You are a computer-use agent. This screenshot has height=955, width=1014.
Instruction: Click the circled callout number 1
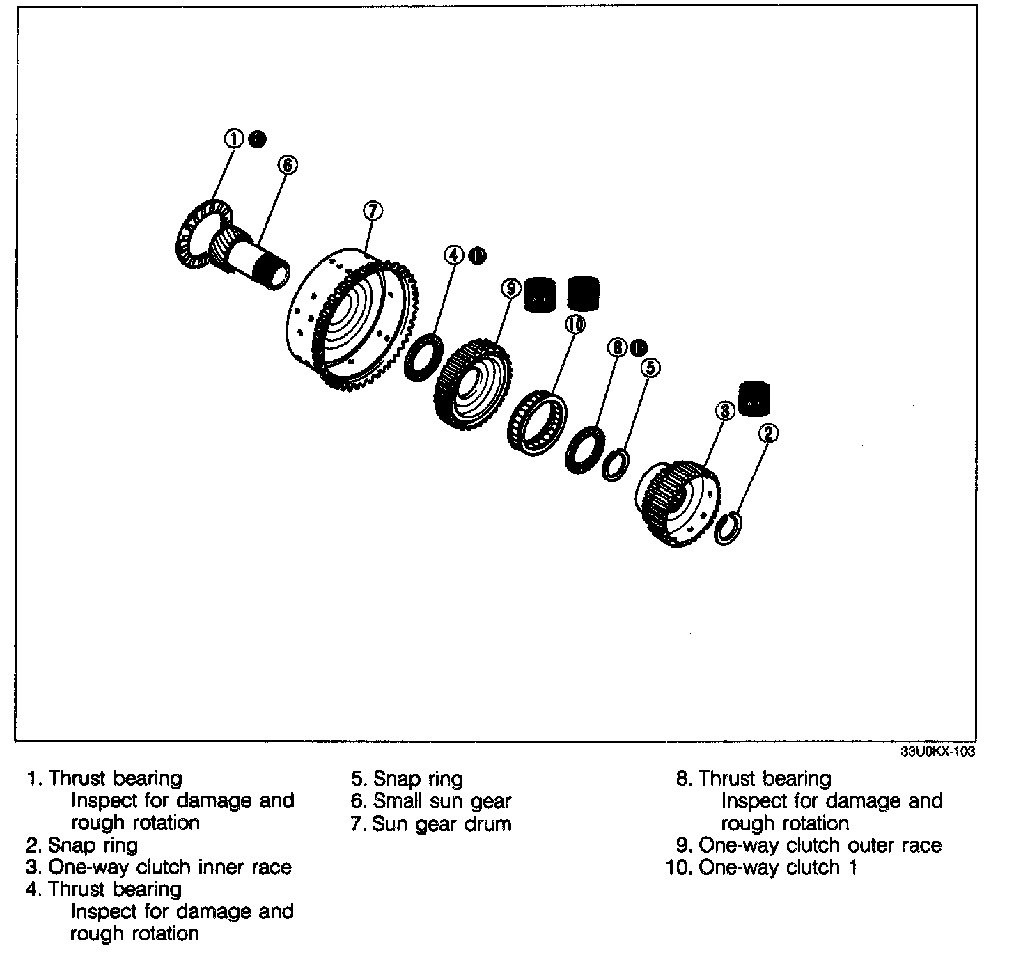(234, 139)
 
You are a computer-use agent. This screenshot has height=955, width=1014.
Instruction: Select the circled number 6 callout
(287, 164)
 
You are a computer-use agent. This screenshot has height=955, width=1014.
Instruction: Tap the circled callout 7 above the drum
(373, 210)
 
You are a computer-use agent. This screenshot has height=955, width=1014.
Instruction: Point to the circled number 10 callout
(575, 324)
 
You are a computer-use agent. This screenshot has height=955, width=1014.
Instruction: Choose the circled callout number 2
(767, 434)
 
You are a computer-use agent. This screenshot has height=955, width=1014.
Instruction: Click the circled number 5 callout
(649, 367)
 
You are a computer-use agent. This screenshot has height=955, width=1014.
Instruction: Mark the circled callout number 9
(511, 287)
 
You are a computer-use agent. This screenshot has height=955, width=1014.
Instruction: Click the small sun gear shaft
(254, 258)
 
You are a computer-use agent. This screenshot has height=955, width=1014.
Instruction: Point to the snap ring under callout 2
(728, 528)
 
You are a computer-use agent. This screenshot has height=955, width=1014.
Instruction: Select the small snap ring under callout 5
(616, 465)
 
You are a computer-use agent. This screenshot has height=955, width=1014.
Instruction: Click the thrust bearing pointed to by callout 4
(423, 357)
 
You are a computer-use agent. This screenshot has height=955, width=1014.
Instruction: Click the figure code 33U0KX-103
(938, 752)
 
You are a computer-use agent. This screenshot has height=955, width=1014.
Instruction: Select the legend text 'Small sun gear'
(432, 801)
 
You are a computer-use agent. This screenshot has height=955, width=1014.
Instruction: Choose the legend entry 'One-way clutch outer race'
(809, 845)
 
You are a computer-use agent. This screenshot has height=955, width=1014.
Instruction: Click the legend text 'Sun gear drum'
(432, 823)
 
